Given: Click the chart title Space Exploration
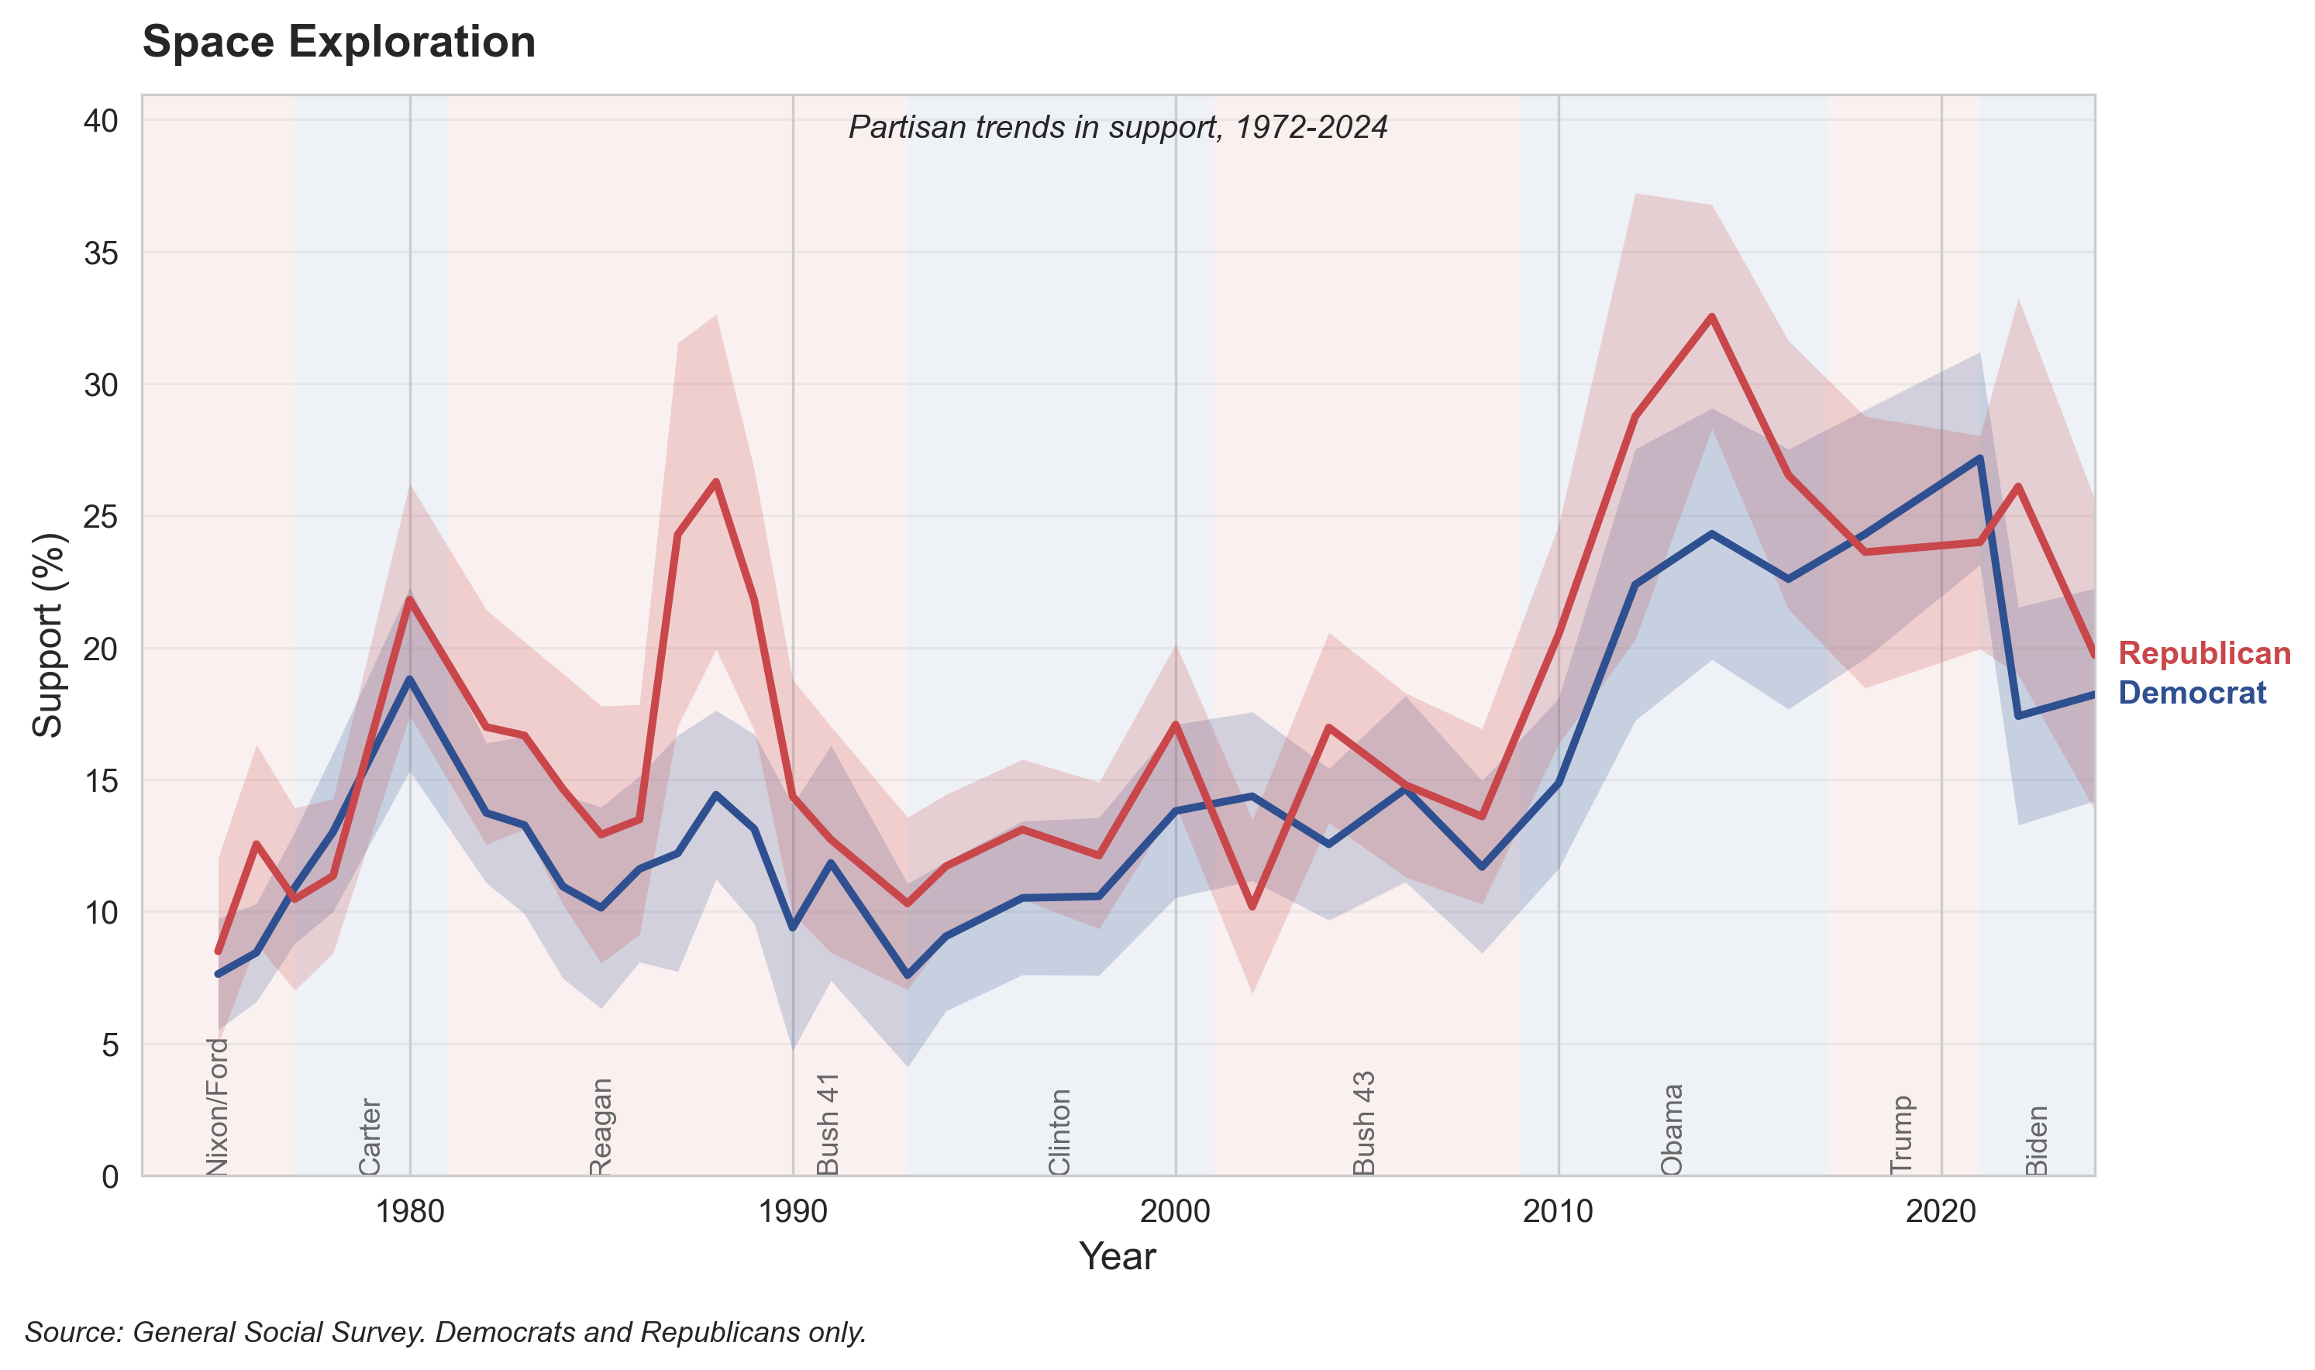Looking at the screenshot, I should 339,43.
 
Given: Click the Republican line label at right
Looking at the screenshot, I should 2203,652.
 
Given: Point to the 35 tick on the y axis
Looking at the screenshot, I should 102,253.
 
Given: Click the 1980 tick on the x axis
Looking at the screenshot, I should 410,1211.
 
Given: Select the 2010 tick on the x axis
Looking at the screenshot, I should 1558,1211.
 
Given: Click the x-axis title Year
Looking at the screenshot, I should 1117,1256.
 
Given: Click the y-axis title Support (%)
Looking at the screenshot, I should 47,635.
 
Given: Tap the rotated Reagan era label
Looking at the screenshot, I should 600,1126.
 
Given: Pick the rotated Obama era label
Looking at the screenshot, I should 1672,1129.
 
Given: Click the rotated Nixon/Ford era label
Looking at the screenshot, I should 217,1107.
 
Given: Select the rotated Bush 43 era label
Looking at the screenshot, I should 1363,1123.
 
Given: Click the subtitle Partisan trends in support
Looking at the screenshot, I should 1118,127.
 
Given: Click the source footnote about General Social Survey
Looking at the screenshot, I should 445,1332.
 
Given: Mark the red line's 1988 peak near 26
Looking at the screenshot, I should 715,482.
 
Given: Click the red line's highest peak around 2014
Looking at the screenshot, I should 1711,317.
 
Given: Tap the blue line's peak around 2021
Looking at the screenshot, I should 1980,459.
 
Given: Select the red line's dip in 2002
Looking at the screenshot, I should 1252,907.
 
